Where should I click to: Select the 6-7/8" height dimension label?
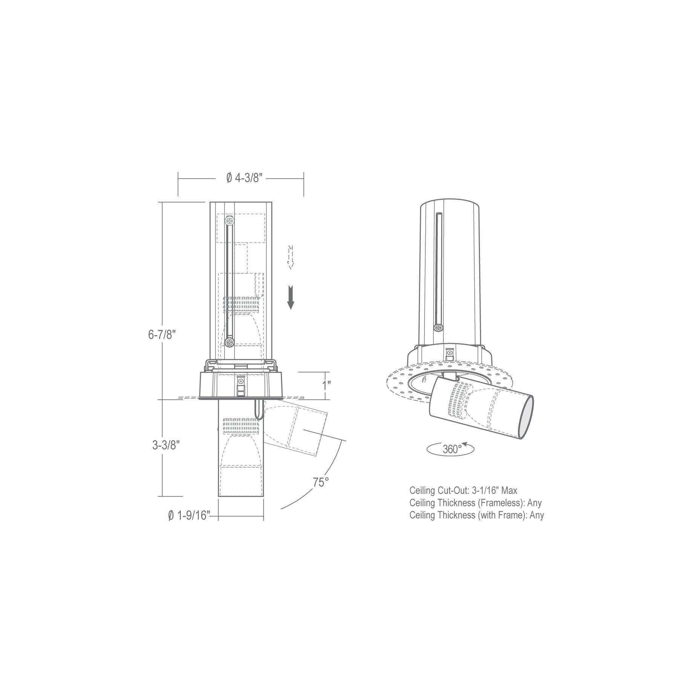click(163, 334)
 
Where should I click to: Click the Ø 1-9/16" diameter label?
click(189, 515)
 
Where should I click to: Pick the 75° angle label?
click(321, 482)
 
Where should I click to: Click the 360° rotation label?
click(452, 449)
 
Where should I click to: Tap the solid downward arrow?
click(290, 297)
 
